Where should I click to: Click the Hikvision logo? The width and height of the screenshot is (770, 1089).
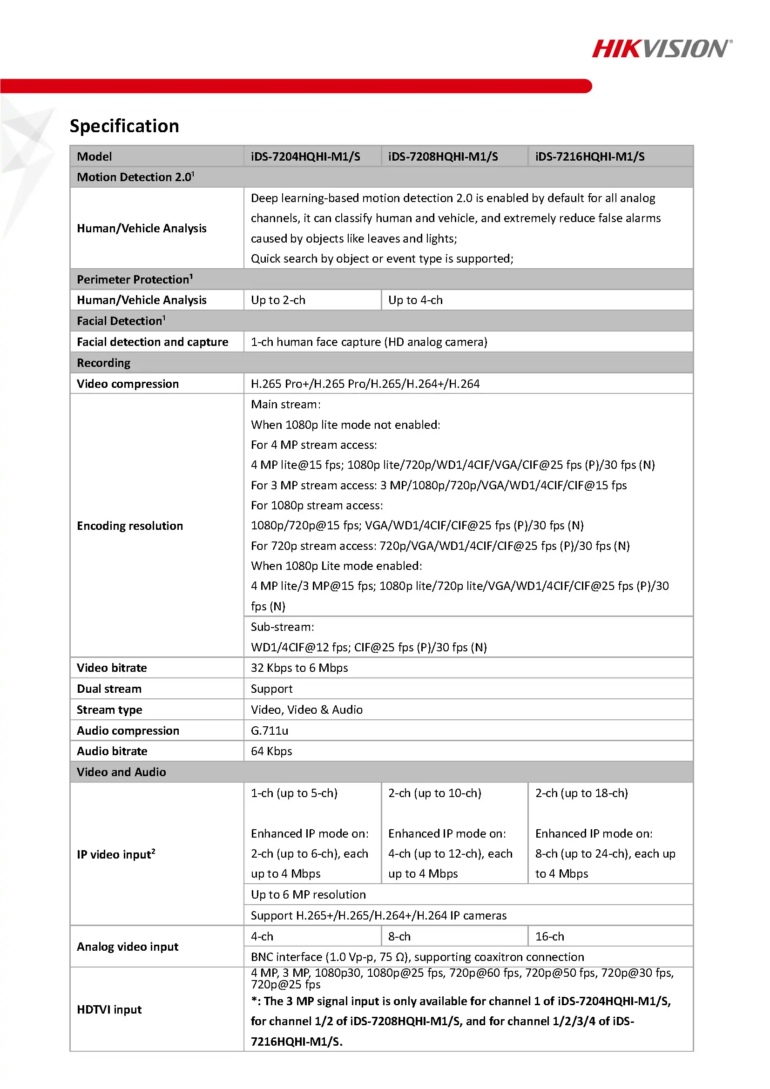pos(662,49)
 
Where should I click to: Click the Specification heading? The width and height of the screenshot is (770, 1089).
pos(124,126)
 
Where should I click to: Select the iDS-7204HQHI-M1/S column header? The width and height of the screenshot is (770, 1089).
pos(305,156)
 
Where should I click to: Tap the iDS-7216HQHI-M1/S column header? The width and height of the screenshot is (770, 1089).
pos(589,156)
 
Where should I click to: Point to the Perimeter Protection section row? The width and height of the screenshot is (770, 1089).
pos(135,279)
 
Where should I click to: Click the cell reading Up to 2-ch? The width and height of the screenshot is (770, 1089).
pos(278,300)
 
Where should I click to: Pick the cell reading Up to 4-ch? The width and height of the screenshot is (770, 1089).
pos(415,300)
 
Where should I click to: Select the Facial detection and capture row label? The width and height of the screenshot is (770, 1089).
pos(152,342)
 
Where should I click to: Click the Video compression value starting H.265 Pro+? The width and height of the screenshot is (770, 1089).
pos(365,384)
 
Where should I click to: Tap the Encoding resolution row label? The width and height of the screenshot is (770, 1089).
pos(129,526)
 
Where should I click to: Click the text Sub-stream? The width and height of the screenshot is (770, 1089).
pos(282,627)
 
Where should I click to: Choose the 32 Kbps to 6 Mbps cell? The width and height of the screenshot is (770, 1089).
pos(299,668)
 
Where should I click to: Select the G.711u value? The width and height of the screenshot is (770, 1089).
pos(269,731)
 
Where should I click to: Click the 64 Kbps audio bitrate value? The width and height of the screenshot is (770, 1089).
pos(271,751)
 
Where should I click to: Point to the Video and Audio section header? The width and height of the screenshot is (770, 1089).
pos(122,772)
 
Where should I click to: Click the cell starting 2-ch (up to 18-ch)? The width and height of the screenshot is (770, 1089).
pos(581,793)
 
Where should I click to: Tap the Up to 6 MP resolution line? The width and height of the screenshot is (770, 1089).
pos(308,894)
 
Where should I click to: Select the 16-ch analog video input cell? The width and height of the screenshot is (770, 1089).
pos(549,937)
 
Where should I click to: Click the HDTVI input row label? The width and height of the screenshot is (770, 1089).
pos(109,1009)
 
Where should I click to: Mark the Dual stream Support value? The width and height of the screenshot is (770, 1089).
pos(271,689)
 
